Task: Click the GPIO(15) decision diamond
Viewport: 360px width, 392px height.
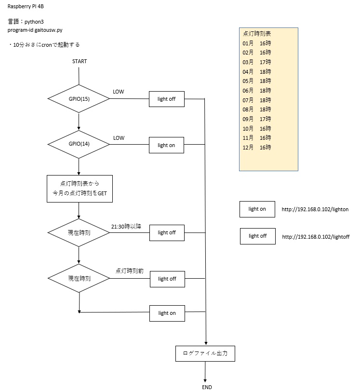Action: [79, 99]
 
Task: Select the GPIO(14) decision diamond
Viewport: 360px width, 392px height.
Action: [79, 144]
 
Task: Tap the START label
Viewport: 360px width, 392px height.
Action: [80, 62]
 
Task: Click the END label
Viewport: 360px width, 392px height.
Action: [207, 387]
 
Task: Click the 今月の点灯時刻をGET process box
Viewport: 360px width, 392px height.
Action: [80, 188]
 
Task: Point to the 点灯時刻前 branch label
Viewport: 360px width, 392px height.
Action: [129, 271]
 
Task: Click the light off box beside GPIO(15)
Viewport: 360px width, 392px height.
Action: [167, 99]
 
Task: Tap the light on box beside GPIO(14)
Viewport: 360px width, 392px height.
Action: [166, 145]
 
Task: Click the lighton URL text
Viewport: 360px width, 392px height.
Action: [315, 210]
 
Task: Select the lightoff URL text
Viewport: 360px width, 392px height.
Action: [316, 237]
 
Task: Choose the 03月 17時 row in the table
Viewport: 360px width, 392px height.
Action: [257, 62]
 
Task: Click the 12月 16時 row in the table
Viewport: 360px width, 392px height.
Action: [257, 147]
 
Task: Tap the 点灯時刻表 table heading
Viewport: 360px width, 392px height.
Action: [257, 34]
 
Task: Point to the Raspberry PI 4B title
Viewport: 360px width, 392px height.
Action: [27, 8]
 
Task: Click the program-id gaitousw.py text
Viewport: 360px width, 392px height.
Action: [35, 30]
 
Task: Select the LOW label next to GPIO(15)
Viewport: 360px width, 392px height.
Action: [119, 92]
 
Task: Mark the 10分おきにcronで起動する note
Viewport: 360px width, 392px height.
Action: [44, 44]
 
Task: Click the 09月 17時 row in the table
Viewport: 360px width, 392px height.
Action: [257, 119]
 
